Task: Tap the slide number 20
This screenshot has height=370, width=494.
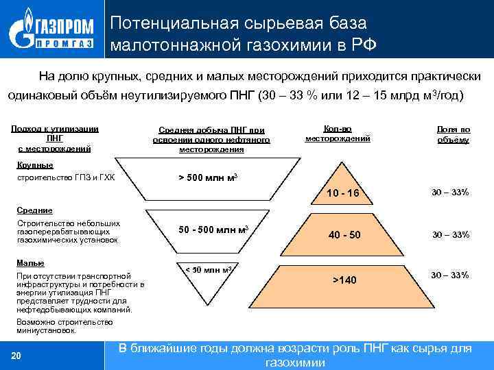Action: click(x=16, y=354)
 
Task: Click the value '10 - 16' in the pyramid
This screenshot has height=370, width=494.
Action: click(x=342, y=194)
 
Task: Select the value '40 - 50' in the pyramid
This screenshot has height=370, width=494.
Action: click(x=344, y=235)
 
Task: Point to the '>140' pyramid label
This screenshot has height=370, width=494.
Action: click(x=344, y=280)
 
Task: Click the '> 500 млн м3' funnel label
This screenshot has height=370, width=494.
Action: click(x=208, y=177)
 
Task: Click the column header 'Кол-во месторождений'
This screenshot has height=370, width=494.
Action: click(x=338, y=133)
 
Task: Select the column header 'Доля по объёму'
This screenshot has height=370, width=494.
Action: click(x=453, y=134)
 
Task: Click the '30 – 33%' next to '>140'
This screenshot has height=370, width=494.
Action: click(x=450, y=275)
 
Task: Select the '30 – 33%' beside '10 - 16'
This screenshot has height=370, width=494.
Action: click(x=450, y=193)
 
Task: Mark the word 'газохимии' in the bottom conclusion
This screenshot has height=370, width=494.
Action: click(x=294, y=362)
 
